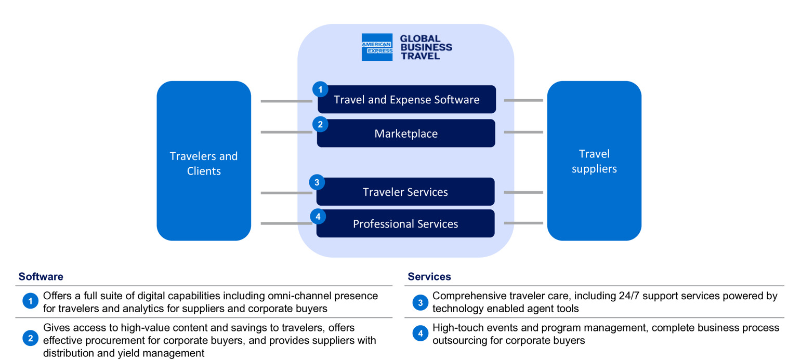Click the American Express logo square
click(x=377, y=47)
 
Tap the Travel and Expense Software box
click(x=406, y=100)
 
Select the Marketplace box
click(x=406, y=134)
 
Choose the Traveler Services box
click(x=405, y=192)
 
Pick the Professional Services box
click(x=405, y=224)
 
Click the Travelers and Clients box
click(x=204, y=161)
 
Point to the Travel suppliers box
click(x=594, y=161)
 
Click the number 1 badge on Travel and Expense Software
click(x=320, y=89)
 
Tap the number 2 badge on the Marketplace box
click(x=320, y=124)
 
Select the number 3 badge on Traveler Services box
click(x=317, y=182)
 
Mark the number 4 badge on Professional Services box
click(x=318, y=216)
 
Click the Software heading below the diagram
click(x=41, y=277)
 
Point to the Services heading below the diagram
click(x=429, y=277)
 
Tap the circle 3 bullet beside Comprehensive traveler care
click(x=420, y=302)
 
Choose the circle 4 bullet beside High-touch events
click(x=420, y=334)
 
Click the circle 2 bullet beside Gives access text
click(x=30, y=339)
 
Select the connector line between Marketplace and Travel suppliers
click(x=523, y=132)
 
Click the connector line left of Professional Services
click(x=286, y=224)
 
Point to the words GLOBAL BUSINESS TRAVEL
click(x=426, y=47)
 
